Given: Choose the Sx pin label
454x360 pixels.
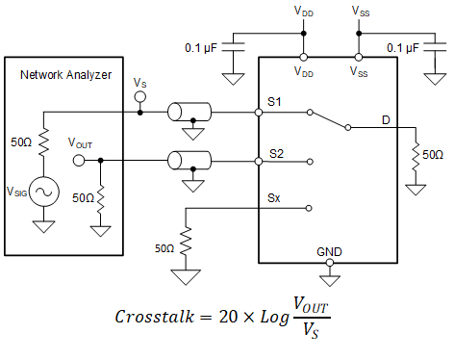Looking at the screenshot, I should [275, 198].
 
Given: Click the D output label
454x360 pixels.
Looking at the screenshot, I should [385, 119].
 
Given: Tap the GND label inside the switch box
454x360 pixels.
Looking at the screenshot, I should [329, 252].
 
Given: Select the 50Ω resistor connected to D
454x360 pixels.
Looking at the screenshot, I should [416, 154].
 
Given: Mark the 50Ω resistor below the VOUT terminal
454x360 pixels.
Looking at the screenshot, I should [99, 197].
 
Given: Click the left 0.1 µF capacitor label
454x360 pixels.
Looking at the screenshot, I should [205, 47].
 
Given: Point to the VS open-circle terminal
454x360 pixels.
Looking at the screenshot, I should [139, 97].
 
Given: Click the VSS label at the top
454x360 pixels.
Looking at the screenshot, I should [358, 11].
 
